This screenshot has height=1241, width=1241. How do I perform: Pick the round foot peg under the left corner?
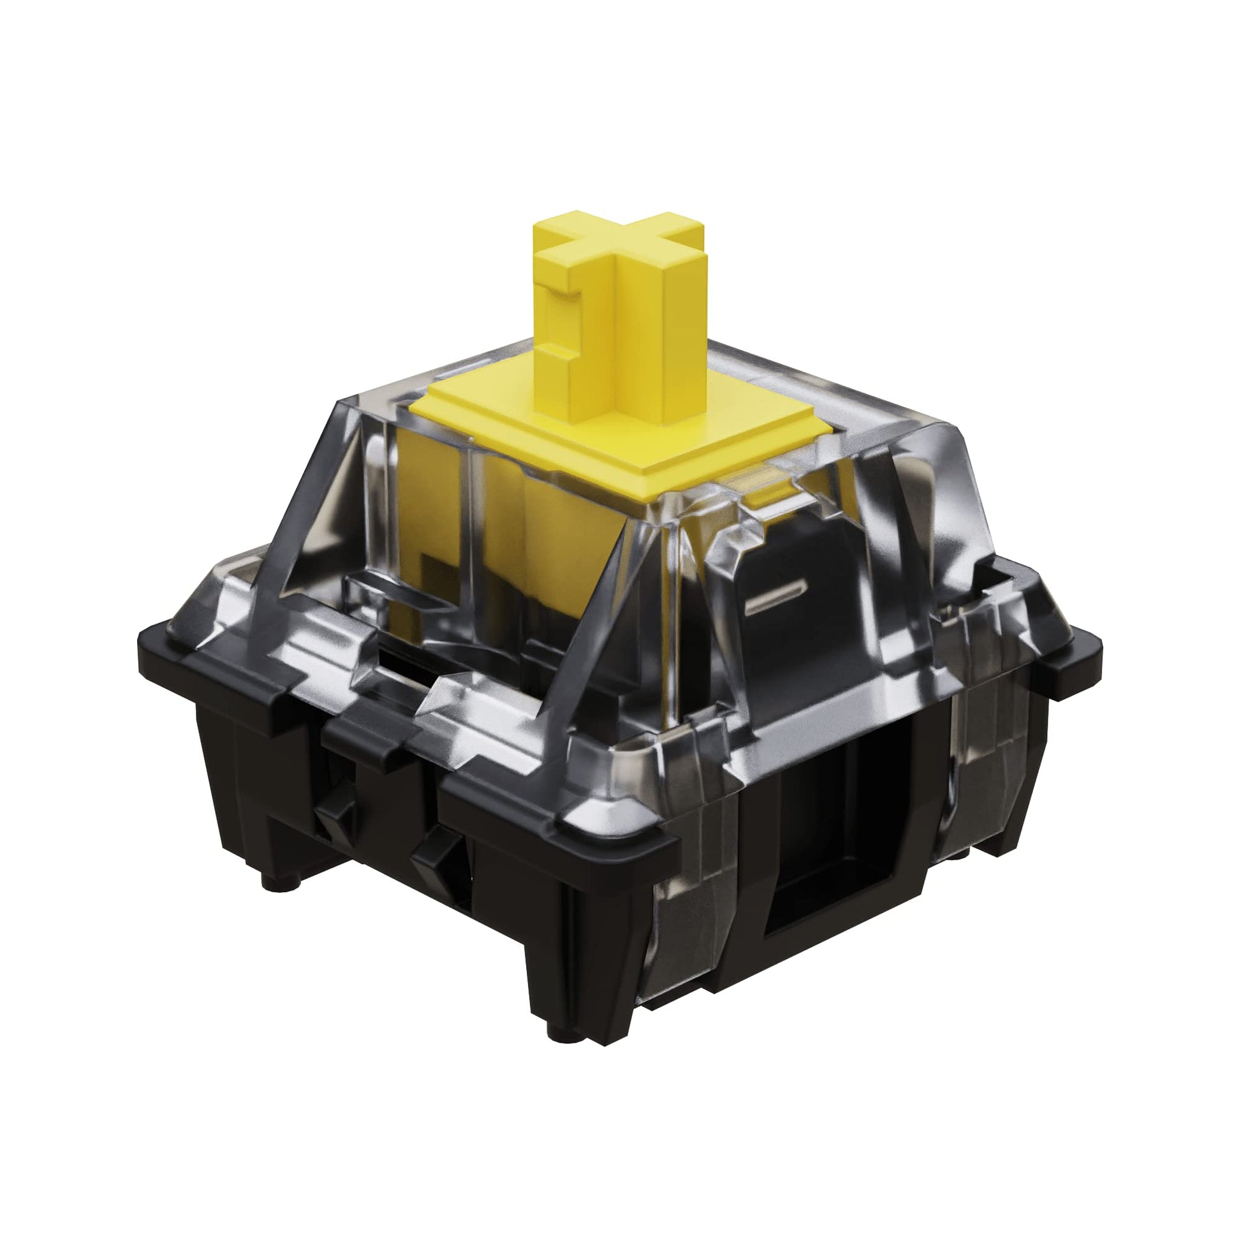point(279,884)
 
